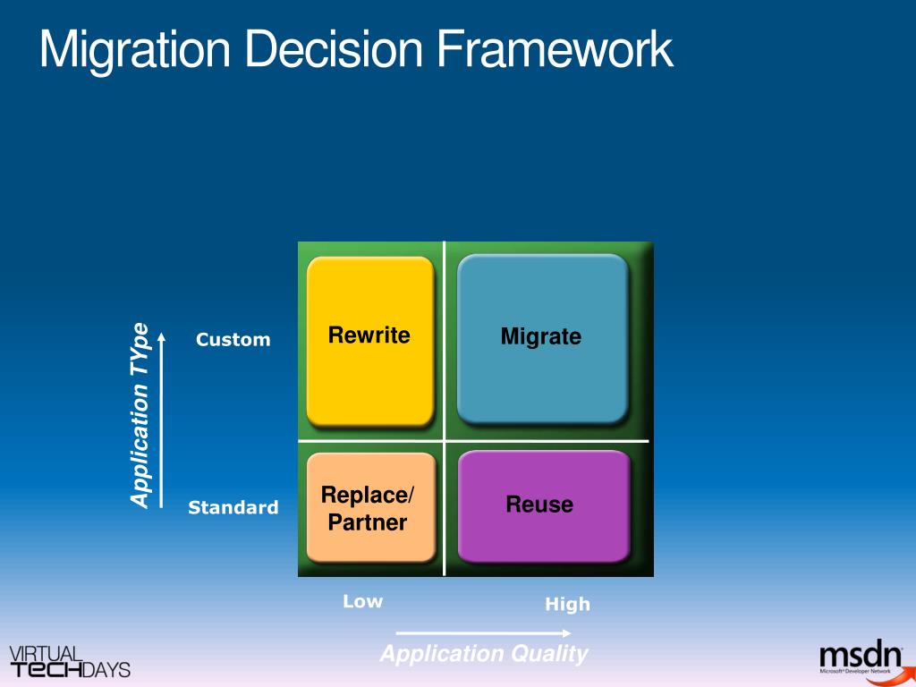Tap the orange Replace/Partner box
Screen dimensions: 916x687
tap(370, 508)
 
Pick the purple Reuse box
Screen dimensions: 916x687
tap(543, 505)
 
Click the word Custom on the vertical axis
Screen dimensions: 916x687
tap(233, 340)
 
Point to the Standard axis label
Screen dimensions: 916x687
tap(233, 508)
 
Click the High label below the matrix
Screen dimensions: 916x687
tap(568, 605)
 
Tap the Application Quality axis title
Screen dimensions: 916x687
tap(484, 654)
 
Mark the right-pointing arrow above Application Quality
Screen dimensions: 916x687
tap(483, 633)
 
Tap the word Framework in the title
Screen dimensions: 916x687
tap(555, 49)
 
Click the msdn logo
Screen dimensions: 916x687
tap(861, 658)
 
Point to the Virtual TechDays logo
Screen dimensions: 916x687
tap(70, 662)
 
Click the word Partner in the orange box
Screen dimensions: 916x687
tap(368, 523)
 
